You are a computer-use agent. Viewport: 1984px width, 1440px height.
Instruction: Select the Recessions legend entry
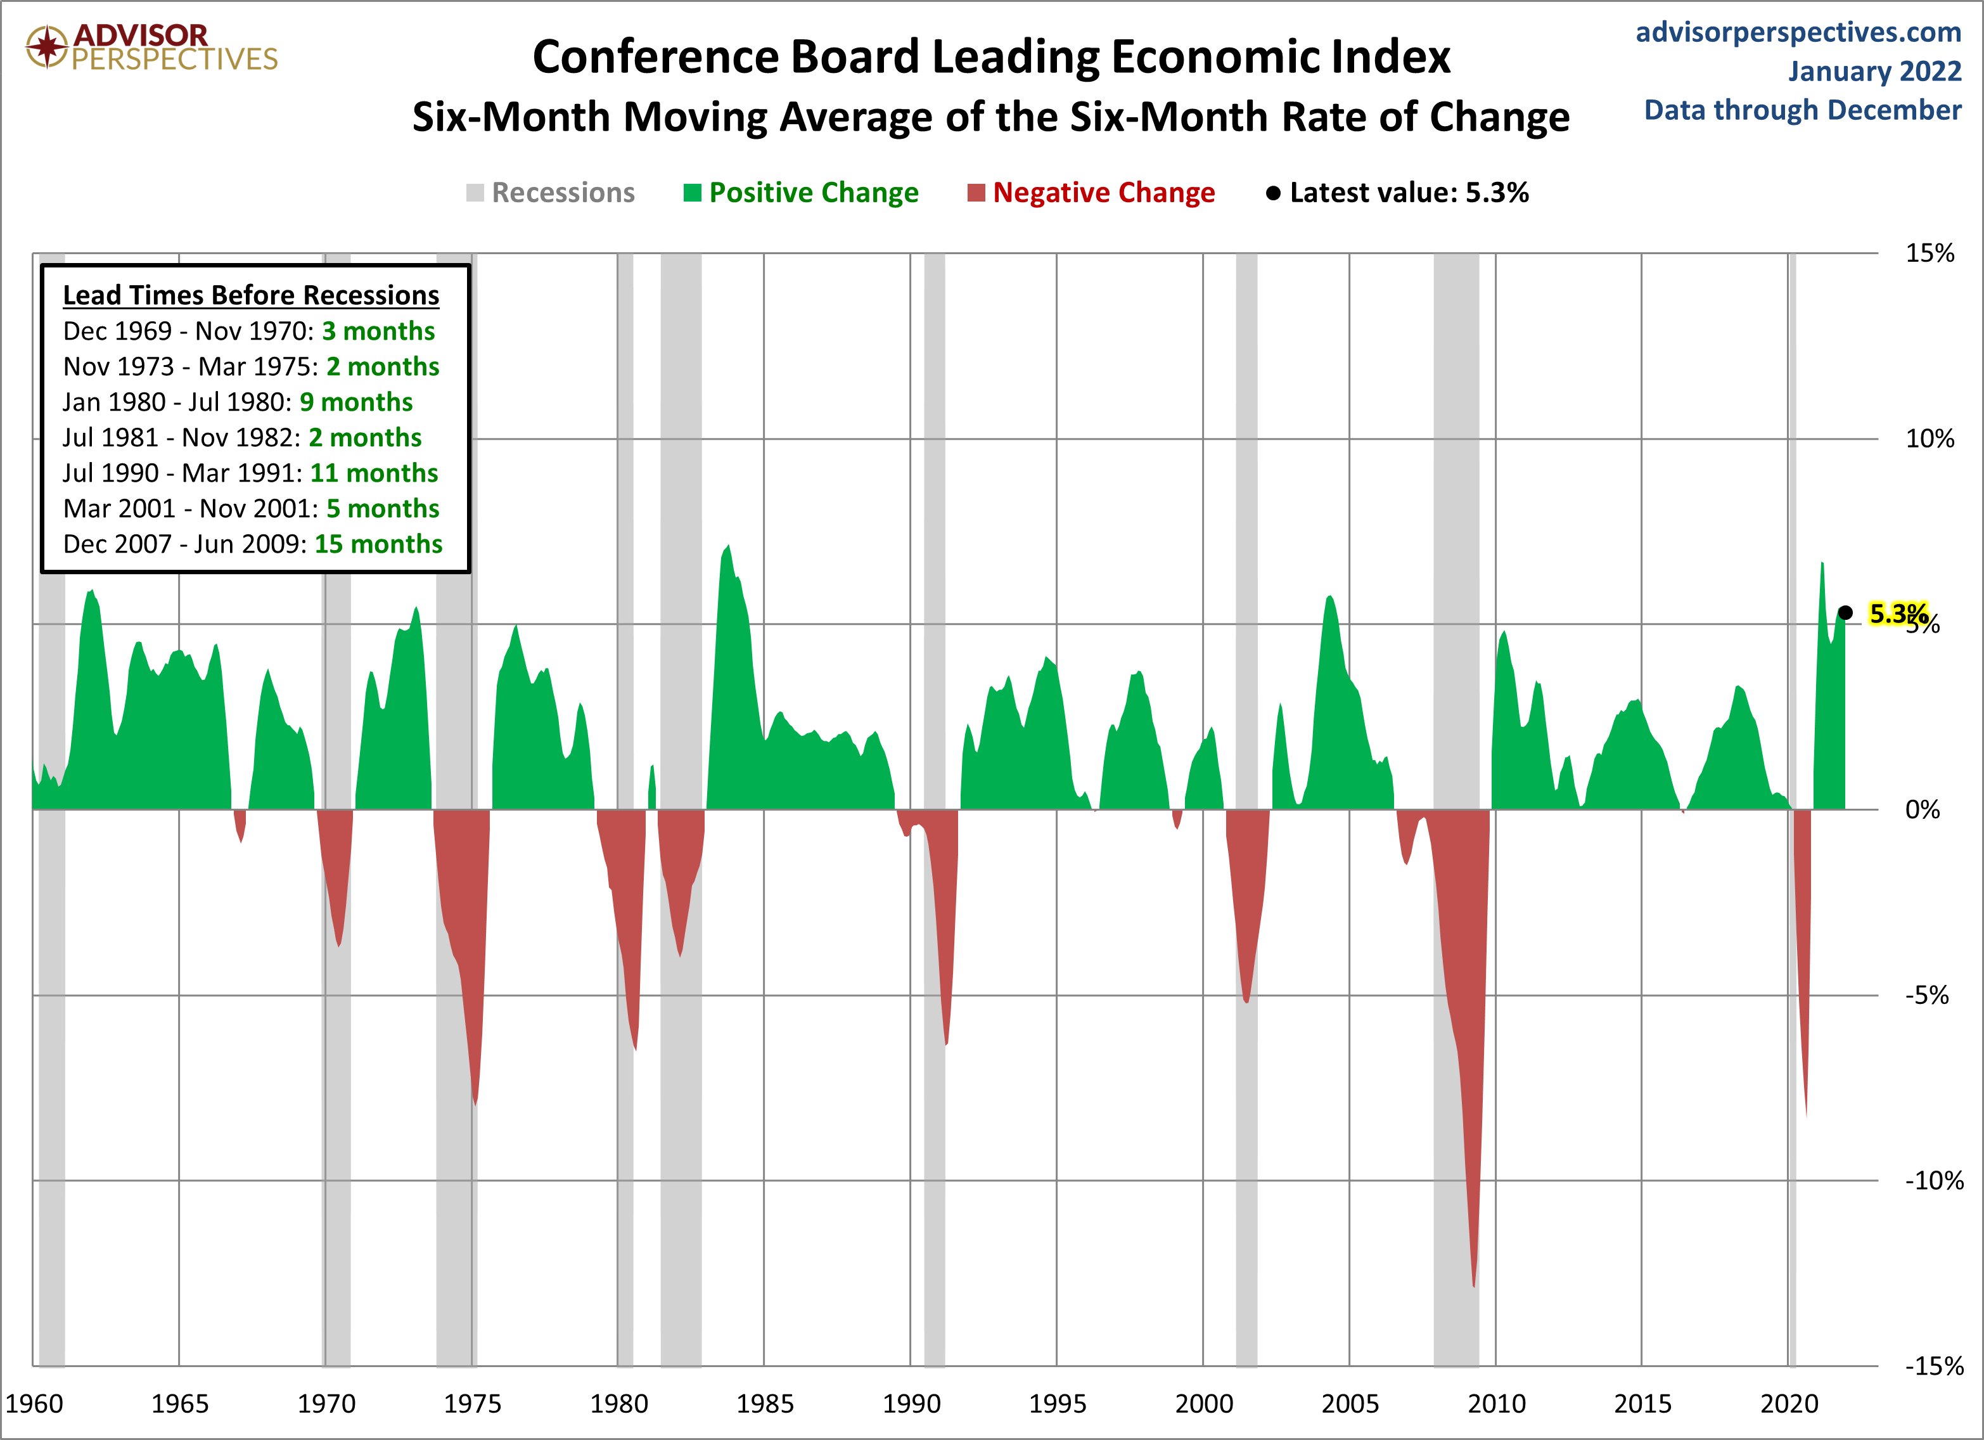tap(551, 193)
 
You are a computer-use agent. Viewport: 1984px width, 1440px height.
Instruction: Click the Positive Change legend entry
tap(802, 193)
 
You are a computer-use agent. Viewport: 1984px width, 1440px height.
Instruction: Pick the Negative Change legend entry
tap(1092, 193)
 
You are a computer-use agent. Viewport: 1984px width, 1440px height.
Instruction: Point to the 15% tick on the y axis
tap(1929, 253)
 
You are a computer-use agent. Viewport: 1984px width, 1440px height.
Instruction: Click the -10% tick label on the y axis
tap(1933, 1180)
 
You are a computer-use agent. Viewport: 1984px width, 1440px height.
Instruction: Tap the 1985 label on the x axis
tap(765, 1404)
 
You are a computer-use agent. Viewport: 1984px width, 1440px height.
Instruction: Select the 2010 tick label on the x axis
tap(1496, 1404)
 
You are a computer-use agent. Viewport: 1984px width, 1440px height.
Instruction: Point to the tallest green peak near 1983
tap(728, 548)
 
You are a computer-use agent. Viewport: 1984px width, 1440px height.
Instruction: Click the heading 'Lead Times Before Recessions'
tap(251, 296)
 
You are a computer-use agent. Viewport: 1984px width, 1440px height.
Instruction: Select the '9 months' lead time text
tap(356, 402)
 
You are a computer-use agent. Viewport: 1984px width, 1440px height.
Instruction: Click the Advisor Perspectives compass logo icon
tap(46, 46)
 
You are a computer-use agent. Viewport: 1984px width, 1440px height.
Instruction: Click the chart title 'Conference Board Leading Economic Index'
tap(991, 57)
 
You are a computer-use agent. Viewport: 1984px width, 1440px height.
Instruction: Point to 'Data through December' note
tap(1802, 110)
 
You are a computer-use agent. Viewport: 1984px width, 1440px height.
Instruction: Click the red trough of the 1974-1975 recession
tap(475, 1102)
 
